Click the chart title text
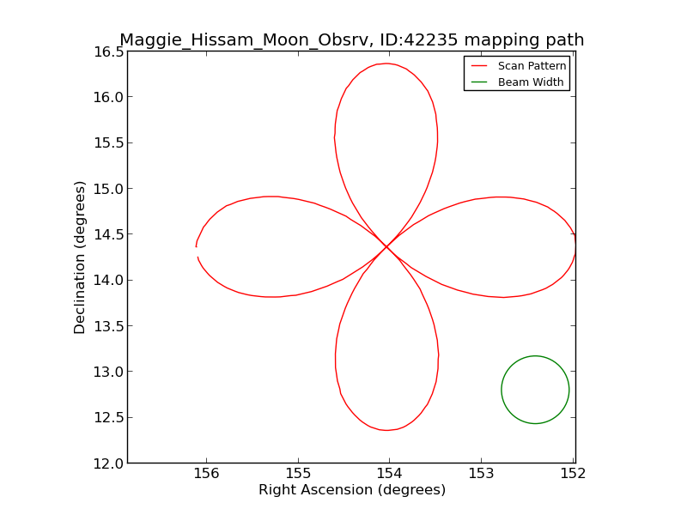click(x=351, y=40)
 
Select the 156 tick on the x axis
click(x=206, y=474)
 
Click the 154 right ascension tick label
click(x=389, y=474)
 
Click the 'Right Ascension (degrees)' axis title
click(x=352, y=490)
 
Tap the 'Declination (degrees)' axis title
click(x=81, y=257)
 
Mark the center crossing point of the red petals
click(x=386, y=246)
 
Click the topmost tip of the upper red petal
click(x=387, y=64)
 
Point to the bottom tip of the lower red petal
click(x=387, y=430)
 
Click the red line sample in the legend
click(x=479, y=66)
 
